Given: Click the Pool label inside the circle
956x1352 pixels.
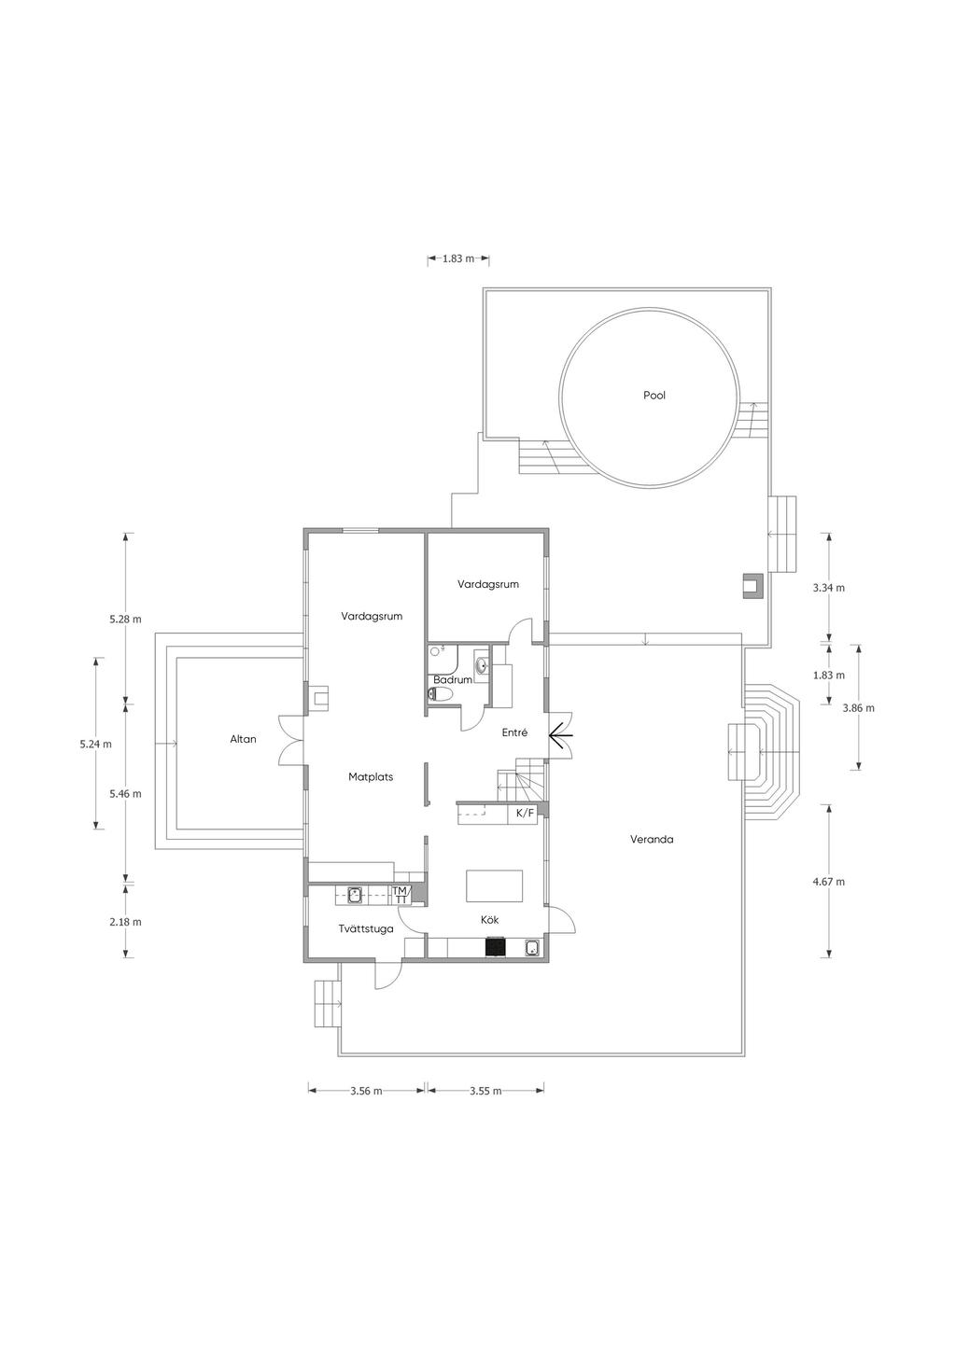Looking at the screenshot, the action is coord(654,396).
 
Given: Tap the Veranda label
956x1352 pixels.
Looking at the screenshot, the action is coord(652,839).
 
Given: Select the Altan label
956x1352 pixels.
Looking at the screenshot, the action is coord(244,739).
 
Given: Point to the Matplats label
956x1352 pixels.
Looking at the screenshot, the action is coord(371,777).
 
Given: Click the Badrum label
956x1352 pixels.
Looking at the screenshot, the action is coord(453,679).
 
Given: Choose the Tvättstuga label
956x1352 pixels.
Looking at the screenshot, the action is coord(366,929).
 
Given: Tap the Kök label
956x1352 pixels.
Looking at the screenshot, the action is coord(490,920).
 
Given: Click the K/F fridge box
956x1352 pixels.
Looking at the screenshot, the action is coord(525,814).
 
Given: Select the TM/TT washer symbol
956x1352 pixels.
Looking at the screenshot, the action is coord(401,895).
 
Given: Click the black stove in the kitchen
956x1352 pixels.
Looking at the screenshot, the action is coord(495,946).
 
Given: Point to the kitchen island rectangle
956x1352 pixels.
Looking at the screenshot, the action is coord(494,886).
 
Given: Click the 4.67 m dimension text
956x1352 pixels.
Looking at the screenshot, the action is coord(829,882).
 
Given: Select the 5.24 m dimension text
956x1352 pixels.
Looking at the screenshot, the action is coord(95,745).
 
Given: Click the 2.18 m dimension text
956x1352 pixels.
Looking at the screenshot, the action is coord(126,922).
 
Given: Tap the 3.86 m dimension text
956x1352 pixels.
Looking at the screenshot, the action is coord(858,708).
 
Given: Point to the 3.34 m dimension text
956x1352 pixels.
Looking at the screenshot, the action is coord(829,588).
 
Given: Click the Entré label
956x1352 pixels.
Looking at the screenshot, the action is coord(515,732).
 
